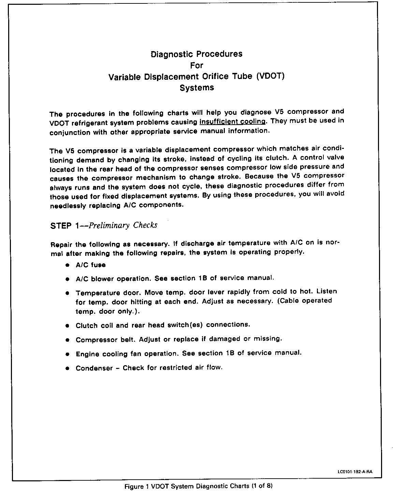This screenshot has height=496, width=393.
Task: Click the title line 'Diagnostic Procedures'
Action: [196, 54]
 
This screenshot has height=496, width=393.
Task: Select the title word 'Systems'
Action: [197, 88]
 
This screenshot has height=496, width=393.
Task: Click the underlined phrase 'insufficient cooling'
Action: [232, 122]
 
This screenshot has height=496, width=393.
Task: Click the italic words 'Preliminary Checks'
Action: [123, 225]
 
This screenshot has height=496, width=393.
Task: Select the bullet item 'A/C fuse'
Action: [90, 265]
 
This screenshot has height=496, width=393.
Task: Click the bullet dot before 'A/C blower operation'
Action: [68, 279]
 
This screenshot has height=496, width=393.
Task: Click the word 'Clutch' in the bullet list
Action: [87, 325]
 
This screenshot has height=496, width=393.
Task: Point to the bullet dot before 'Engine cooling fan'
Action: [68, 354]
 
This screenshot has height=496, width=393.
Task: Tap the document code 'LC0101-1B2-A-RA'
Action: [355, 472]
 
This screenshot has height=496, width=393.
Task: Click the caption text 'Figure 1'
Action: [136, 486]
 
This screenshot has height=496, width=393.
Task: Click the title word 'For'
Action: [196, 65]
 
